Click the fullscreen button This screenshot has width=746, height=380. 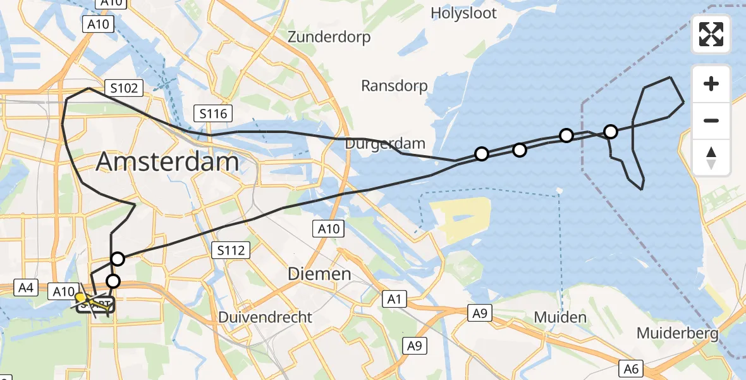[x=711, y=34]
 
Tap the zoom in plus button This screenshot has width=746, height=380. [x=711, y=84]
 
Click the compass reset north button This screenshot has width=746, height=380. [x=711, y=157]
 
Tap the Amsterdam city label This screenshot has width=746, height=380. [x=168, y=163]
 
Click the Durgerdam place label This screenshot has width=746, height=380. [x=385, y=144]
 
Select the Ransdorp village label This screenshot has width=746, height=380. [x=394, y=85]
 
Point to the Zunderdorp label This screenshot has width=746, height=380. [x=329, y=37]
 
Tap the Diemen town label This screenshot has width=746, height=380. [x=319, y=274]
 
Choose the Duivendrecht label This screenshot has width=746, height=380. [x=265, y=317]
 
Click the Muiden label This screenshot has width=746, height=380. [x=559, y=317]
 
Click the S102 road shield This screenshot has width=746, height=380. [x=124, y=88]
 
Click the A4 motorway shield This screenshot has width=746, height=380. [x=26, y=288]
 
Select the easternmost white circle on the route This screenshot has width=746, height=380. [x=610, y=132]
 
